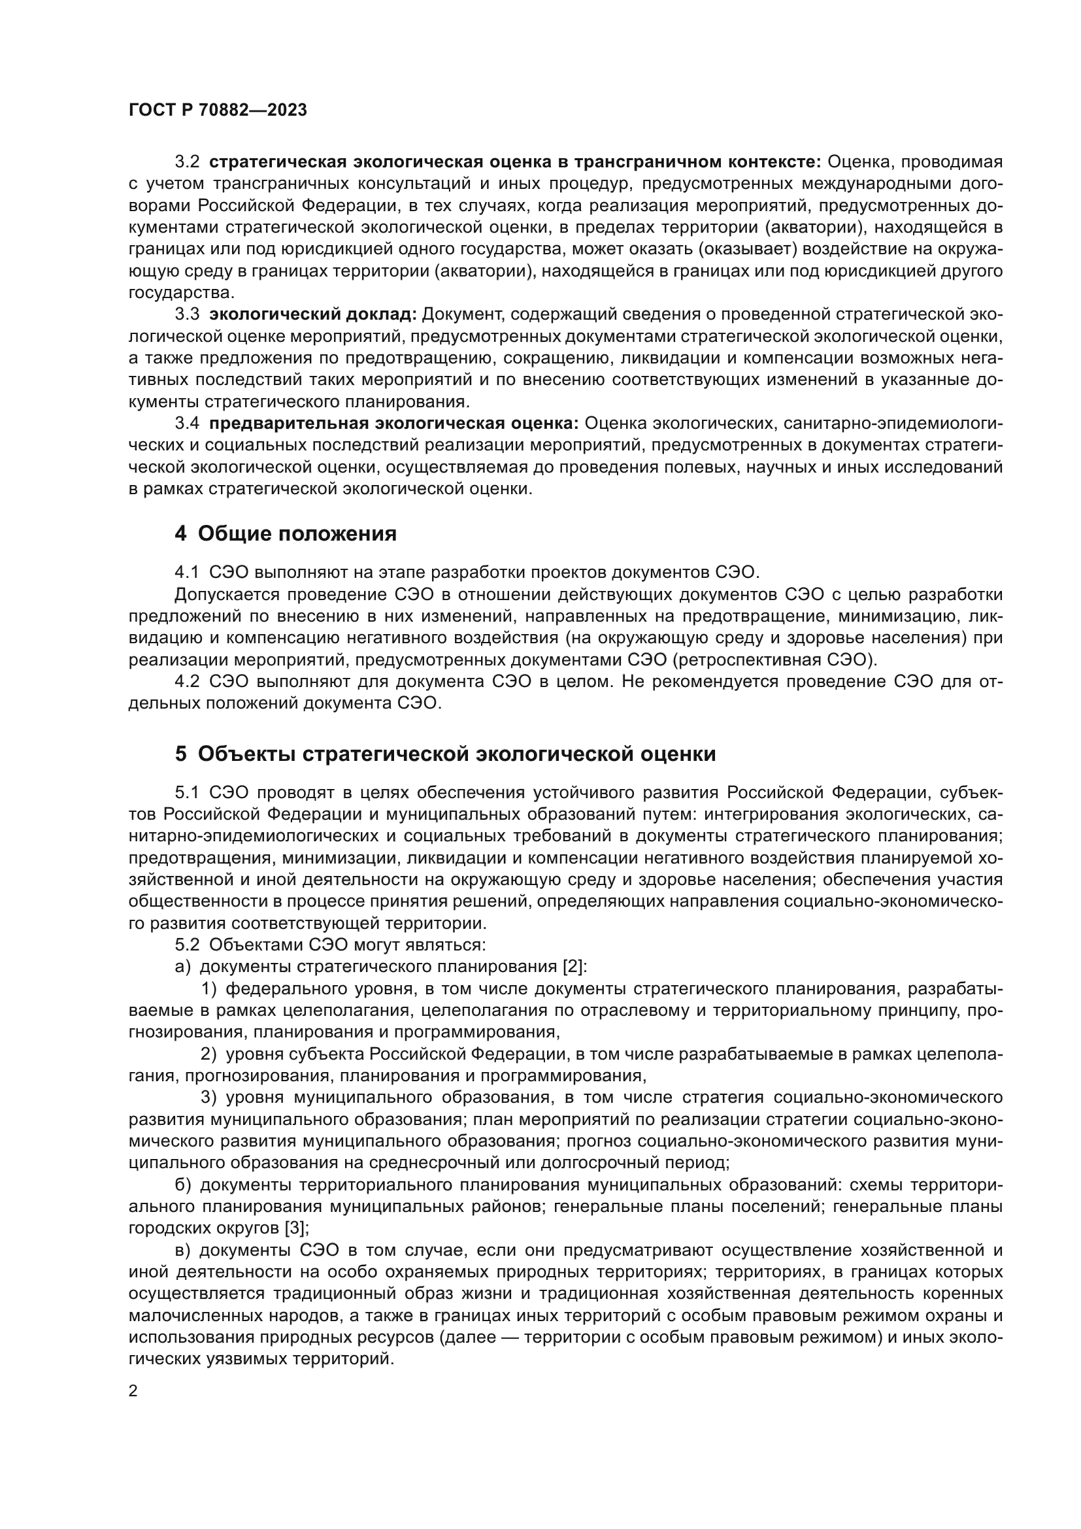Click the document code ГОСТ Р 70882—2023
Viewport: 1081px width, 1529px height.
pyautogui.click(x=218, y=110)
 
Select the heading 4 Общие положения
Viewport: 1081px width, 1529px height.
pyautogui.click(x=286, y=533)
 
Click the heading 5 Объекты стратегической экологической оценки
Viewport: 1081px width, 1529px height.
pyautogui.click(x=445, y=754)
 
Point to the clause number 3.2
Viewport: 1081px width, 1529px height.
pyautogui.click(x=187, y=162)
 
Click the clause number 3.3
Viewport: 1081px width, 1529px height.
pyautogui.click(x=187, y=314)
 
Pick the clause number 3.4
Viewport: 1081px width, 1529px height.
pyautogui.click(x=187, y=424)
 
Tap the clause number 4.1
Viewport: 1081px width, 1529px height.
pyautogui.click(x=187, y=572)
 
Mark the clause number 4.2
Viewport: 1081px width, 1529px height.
pyautogui.click(x=187, y=681)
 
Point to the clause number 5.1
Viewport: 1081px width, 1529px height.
pyautogui.click(x=187, y=792)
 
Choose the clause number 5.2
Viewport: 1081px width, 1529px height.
pyautogui.click(x=187, y=945)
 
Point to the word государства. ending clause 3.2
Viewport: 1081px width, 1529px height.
pyautogui.click(x=181, y=292)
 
